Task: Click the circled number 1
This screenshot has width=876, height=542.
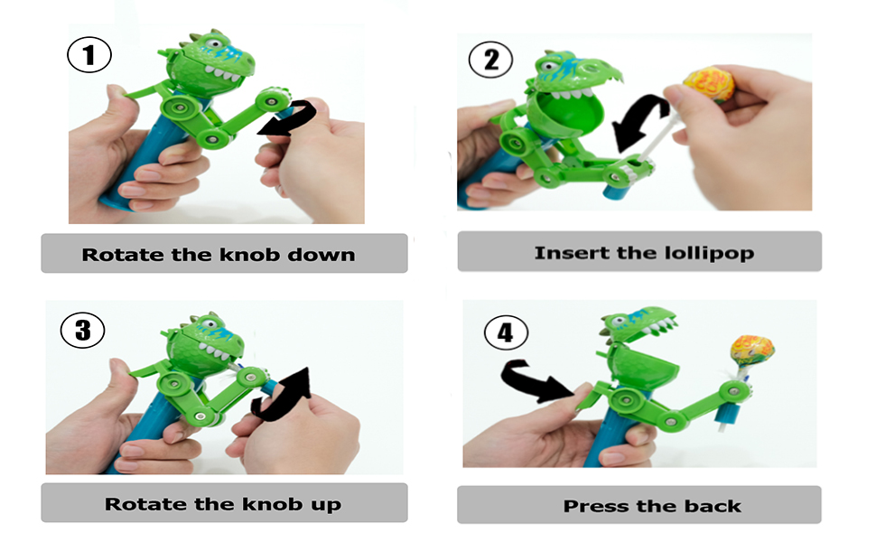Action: tap(89, 55)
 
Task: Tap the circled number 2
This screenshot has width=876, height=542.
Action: tap(490, 60)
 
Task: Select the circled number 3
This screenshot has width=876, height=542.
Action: tap(83, 330)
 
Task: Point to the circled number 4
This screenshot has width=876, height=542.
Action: tap(506, 332)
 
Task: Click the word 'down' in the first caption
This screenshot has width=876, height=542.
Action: tap(322, 255)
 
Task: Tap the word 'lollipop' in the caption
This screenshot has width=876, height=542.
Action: tap(709, 253)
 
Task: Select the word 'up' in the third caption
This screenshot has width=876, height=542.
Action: tap(326, 505)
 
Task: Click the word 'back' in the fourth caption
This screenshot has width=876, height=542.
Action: tap(713, 506)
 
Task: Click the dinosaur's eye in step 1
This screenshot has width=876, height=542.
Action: tap(213, 42)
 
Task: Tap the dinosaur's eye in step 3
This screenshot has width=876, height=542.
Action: tap(210, 323)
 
